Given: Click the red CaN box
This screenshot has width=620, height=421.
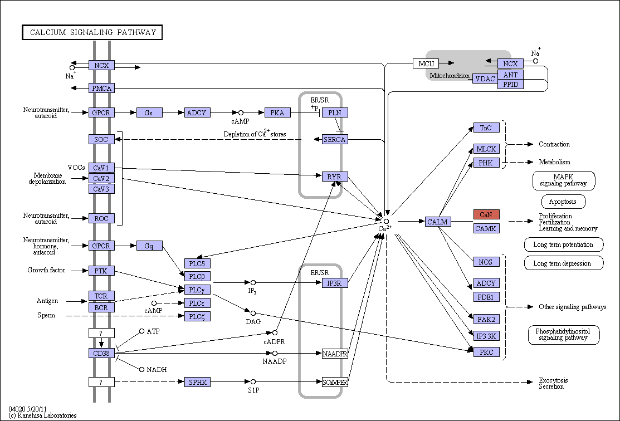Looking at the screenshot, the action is click(x=486, y=214).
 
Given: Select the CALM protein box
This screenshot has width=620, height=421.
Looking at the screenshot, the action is click(x=438, y=222).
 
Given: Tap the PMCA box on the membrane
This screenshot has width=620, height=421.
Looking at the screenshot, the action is click(x=101, y=88).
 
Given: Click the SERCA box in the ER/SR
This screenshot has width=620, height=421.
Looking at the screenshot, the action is click(x=335, y=139).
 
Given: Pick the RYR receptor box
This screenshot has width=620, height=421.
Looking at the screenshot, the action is click(x=335, y=177).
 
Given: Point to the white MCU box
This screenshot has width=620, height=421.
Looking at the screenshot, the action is click(x=426, y=63).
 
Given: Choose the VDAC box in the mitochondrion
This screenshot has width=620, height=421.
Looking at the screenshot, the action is click(x=485, y=79).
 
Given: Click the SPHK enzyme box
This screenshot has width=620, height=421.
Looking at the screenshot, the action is click(x=197, y=382).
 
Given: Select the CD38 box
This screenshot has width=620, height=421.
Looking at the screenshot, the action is click(x=101, y=353).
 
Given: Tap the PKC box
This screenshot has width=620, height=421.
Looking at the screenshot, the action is click(x=486, y=352).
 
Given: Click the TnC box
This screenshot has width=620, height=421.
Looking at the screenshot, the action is click(x=486, y=128).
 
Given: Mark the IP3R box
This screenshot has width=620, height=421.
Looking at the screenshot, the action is click(x=335, y=283).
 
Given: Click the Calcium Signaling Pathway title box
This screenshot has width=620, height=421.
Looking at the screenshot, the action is click(x=92, y=32).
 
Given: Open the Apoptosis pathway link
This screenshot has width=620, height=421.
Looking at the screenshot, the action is click(x=563, y=202).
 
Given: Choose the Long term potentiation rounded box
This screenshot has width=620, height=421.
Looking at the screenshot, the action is click(x=564, y=244).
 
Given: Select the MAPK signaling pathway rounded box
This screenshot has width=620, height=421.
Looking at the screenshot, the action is click(x=564, y=180).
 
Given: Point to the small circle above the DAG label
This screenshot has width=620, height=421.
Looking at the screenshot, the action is click(x=253, y=314).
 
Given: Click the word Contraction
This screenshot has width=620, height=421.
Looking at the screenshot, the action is click(x=554, y=144).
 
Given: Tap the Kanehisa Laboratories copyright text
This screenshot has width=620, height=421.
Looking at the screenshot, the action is click(x=42, y=415).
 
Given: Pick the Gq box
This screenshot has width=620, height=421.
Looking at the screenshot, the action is click(x=149, y=246).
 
